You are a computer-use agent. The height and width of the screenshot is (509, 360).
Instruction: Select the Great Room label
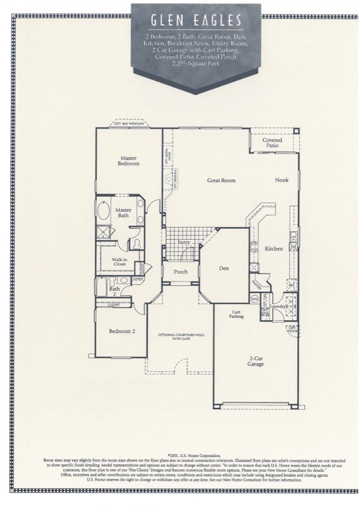221,180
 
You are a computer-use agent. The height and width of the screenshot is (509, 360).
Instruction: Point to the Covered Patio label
271,143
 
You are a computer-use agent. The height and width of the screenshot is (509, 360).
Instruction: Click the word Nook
281,180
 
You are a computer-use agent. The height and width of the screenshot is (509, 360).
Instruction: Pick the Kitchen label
273,249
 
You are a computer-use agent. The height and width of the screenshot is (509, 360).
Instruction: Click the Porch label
181,272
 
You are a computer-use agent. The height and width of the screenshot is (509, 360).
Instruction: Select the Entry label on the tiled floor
184,243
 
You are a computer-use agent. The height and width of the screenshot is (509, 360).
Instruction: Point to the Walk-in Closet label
119,261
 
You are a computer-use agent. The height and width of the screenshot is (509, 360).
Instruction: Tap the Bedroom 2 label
122,331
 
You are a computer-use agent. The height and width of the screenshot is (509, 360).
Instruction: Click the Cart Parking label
236,315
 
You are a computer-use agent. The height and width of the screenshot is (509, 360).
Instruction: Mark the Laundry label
277,307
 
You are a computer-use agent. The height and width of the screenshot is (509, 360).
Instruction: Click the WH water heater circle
255,298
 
